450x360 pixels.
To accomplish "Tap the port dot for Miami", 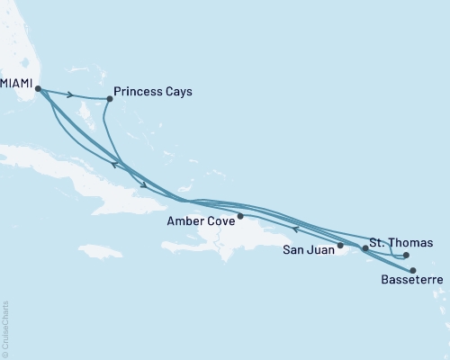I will pyautogui.click(x=38, y=88).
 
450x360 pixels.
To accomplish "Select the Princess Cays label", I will pyautogui.click(x=153, y=91).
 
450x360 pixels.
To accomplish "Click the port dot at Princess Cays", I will pyautogui.click(x=109, y=98).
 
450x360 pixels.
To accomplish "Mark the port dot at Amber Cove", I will pyautogui.click(x=240, y=216).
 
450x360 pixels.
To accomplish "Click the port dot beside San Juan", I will pyautogui.click(x=341, y=245).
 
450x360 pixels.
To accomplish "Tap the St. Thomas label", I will pyautogui.click(x=401, y=242).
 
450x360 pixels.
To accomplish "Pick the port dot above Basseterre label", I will pyautogui.click(x=413, y=270).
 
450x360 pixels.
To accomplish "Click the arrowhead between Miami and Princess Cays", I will pyautogui.click(x=70, y=94).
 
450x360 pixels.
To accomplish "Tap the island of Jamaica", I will pyautogui.click(x=99, y=250).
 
